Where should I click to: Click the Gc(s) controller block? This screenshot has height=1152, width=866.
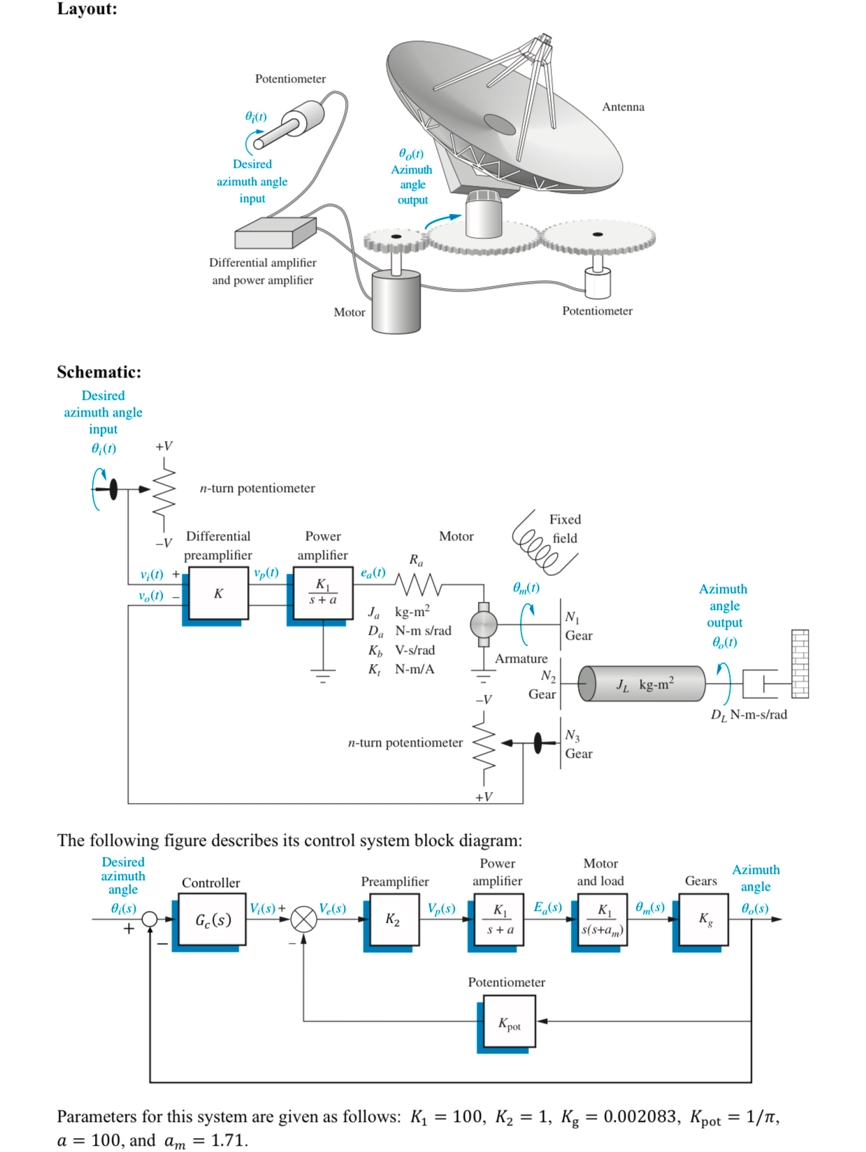pos(212,920)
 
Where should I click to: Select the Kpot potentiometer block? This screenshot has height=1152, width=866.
pos(508,1024)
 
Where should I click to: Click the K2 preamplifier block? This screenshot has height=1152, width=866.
pos(392,920)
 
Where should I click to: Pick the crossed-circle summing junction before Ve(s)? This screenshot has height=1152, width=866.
pos(303,919)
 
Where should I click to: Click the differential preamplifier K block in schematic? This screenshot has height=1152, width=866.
pos(219,593)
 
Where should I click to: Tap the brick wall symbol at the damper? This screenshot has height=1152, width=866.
pos(800,663)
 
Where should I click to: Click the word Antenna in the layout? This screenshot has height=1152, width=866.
pos(623,107)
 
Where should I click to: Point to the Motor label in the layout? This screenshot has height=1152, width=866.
pos(349,312)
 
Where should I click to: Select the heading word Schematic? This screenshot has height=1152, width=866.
pos(99,372)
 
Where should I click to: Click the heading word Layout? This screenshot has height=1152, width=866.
pos(87,9)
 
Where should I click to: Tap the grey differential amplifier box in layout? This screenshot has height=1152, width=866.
pos(274,233)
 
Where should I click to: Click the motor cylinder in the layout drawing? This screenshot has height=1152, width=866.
pos(396,302)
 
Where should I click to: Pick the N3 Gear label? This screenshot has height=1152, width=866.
pos(578,744)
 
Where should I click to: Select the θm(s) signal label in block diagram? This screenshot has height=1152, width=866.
pos(650,907)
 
